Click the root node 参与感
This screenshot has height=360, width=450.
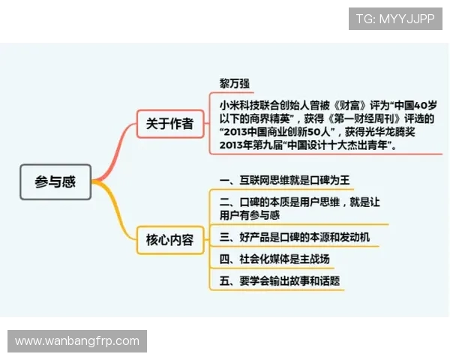pos(55,181)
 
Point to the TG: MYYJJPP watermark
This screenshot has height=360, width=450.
pos(394,19)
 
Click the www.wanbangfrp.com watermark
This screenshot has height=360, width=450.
pos(77,341)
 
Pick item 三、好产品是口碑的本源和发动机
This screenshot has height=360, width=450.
pos(294,238)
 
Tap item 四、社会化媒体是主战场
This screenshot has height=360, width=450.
pos(274,259)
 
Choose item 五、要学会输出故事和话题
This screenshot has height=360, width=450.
pos(279,281)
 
